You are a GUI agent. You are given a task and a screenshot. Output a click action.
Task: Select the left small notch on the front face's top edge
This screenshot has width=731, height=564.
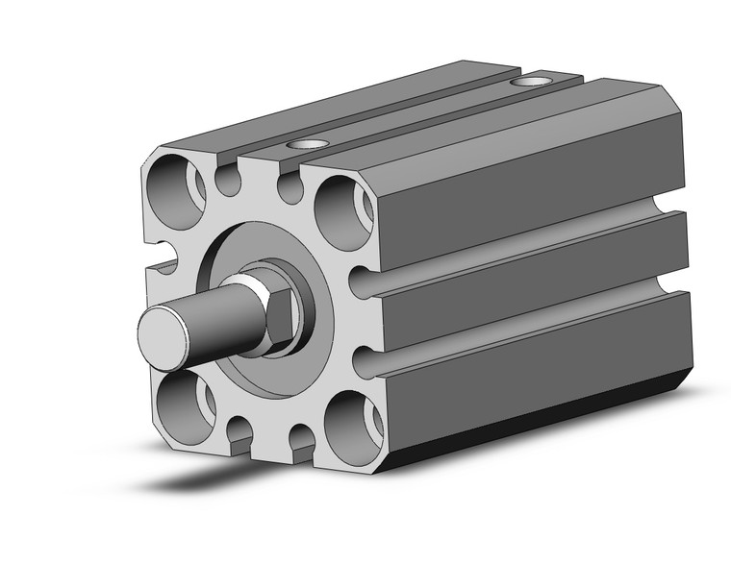tap(227, 180)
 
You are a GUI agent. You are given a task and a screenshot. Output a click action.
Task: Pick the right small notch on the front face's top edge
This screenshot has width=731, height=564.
tap(290, 186)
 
